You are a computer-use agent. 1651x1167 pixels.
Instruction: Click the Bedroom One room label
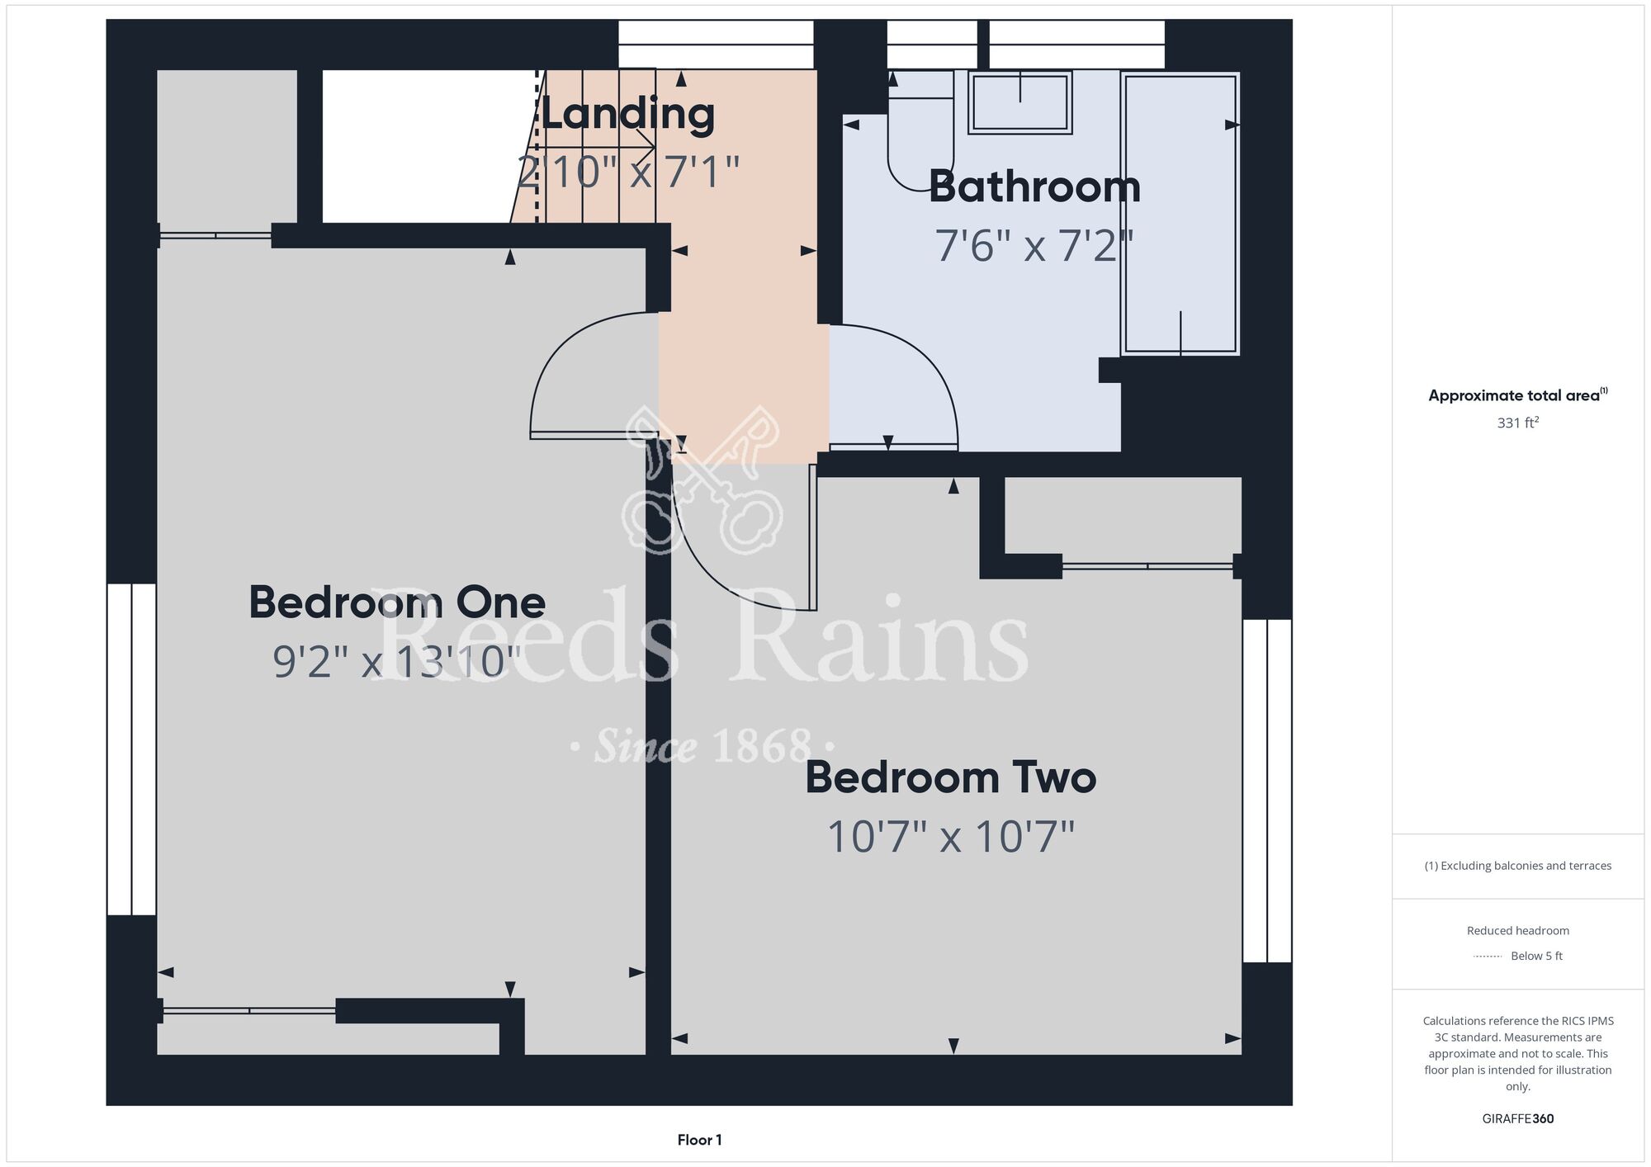coord(397,602)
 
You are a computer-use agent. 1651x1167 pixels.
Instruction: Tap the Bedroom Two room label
coord(951,777)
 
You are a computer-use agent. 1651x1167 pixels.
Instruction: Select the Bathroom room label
coord(1034,187)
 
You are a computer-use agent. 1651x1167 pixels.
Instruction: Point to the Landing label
coord(627,114)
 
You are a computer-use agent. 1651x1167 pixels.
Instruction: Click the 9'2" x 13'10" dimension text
coord(397,662)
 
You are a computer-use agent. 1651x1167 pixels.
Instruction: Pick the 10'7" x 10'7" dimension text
coord(951,837)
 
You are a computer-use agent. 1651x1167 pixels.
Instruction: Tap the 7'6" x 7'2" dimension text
coord(1034,246)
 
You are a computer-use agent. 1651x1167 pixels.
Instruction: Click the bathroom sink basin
coord(1020,102)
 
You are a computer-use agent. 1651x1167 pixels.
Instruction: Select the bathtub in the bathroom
coord(1180,214)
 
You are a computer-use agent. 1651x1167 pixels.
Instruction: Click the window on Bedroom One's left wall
coord(131,749)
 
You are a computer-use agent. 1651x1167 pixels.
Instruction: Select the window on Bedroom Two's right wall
coord(1267,791)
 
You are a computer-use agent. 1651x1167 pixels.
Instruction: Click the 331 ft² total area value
coord(1518,423)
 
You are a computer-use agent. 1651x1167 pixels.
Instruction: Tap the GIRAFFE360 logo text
coord(1518,1119)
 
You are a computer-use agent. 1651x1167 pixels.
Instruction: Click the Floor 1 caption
coord(699,1140)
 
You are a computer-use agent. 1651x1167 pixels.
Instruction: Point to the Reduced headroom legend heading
coord(1518,930)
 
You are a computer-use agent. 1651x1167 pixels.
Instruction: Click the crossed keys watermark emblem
coord(702,480)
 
